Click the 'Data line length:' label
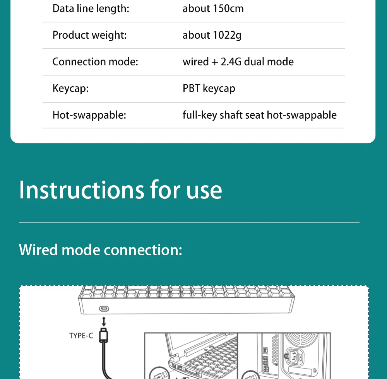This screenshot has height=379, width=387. (91, 9)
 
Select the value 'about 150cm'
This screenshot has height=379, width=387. (213, 9)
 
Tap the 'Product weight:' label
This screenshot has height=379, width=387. (89, 35)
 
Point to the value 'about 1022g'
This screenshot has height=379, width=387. (212, 35)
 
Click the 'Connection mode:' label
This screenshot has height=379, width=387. (95, 62)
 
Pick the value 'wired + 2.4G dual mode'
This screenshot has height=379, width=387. (238, 62)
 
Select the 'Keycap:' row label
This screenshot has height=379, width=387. (70, 89)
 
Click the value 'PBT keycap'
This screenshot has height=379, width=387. (209, 89)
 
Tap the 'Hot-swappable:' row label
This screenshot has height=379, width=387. (89, 115)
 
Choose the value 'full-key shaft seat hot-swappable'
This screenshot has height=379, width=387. (259, 115)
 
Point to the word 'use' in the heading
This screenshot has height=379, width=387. (204, 190)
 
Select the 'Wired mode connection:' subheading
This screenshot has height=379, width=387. (100, 250)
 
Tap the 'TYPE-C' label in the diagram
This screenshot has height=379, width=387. (81, 336)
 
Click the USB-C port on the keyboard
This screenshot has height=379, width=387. (104, 309)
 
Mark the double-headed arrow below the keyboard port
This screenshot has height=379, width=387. (104, 321)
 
